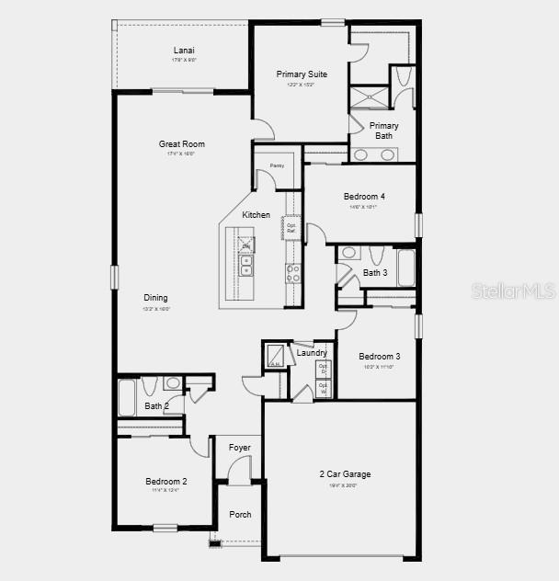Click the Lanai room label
pos(184,51)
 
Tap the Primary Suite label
pos(302,74)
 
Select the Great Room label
pos(181,144)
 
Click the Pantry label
pos(277,165)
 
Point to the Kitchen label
pos(256,215)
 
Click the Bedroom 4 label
pos(364,197)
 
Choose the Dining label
pos(155,298)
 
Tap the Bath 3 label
pos(374,273)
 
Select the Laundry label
pos(312,353)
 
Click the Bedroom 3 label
pos(379,357)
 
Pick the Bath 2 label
pos(156,405)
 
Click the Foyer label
pos(240,448)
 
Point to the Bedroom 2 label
pos(166,482)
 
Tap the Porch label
pos(240,515)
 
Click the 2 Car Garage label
pos(345,474)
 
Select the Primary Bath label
pos(383,131)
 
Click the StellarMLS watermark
pos(513,290)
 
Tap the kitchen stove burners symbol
pos(292,273)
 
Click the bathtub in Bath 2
pos(127,398)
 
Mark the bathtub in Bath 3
pos(405,268)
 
